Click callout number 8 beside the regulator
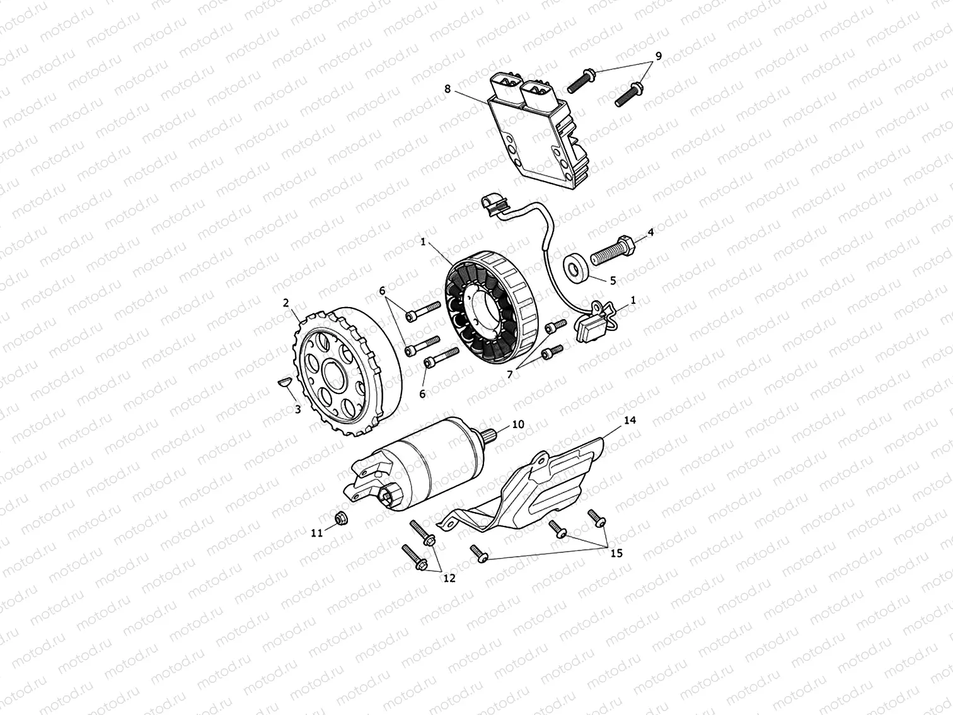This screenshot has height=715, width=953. tap(448, 89)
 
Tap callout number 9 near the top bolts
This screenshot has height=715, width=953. tap(658, 56)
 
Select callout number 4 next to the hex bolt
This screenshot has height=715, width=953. tap(650, 232)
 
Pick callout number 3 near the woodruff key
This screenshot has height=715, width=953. tap(297, 409)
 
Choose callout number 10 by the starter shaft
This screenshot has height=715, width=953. tap(517, 424)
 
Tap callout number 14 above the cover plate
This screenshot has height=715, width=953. tap(630, 419)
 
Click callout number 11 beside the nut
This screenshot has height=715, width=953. tap(316, 533)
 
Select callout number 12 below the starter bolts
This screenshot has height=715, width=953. tap(449, 578)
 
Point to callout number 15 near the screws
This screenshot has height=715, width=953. tap(616, 553)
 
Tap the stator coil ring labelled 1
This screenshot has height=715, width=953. tap(492, 309)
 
